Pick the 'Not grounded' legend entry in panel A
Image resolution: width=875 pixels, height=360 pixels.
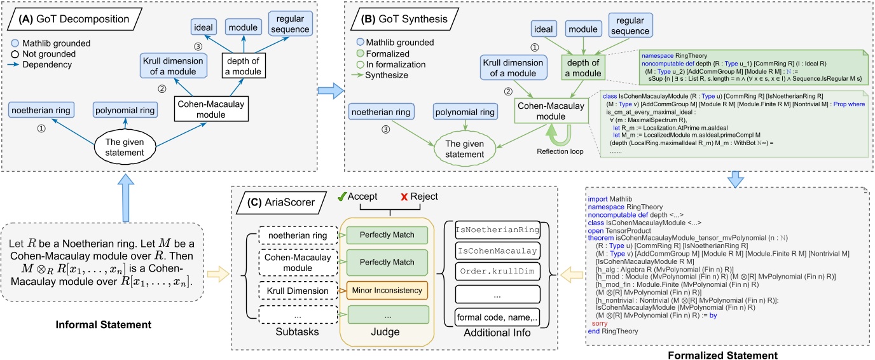coord(48,54)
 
